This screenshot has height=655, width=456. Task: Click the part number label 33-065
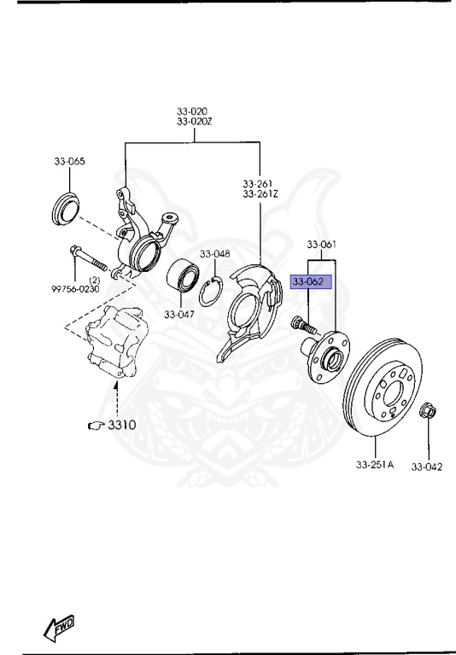(69, 161)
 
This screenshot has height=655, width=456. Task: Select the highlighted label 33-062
(310, 281)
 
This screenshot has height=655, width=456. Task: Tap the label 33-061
(322, 244)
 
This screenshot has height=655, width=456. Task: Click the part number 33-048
(215, 253)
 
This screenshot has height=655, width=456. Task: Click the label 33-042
(427, 466)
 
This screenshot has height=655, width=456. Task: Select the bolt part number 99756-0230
(75, 288)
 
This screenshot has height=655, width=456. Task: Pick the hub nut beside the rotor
(430, 413)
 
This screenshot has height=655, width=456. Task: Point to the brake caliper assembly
(117, 345)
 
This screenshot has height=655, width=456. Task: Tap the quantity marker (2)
(95, 279)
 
